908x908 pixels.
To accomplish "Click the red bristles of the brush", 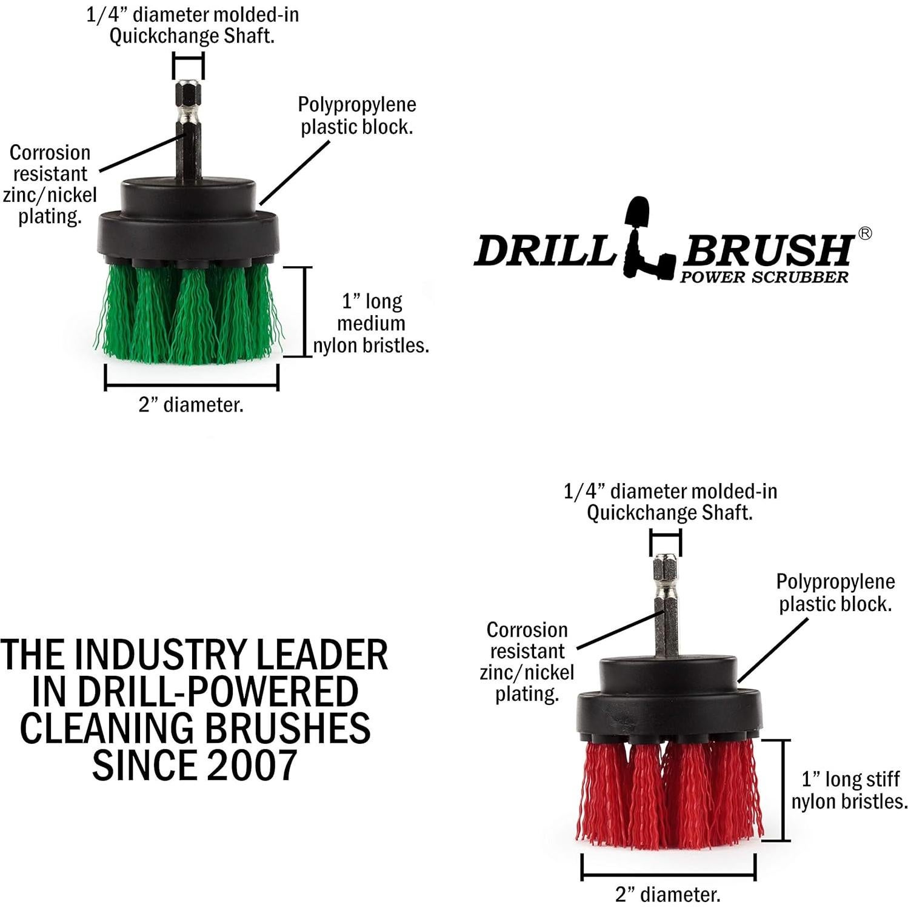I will (x=667, y=794).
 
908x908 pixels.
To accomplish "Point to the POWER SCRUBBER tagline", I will (x=764, y=278).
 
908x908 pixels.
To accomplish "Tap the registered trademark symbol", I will (x=865, y=233).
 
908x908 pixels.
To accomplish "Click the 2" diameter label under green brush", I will (x=191, y=405).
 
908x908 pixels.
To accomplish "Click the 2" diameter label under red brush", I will (x=668, y=894).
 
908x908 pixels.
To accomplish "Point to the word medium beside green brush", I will (x=371, y=323).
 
